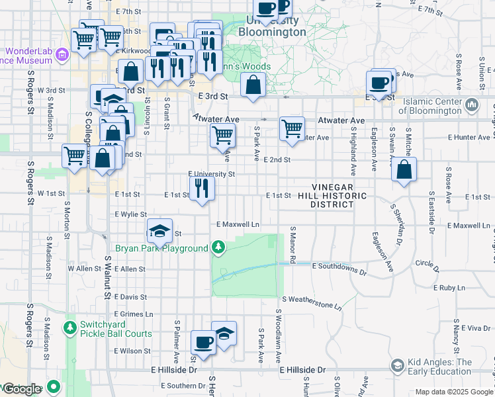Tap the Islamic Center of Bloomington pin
pos(472,105)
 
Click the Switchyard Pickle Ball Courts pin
pos(69,327)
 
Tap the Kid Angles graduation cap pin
pos(397,365)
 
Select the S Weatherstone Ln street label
pos(311,302)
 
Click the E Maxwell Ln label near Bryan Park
pos(237,225)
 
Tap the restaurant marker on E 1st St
pos(202,189)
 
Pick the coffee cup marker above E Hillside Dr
pos(204,343)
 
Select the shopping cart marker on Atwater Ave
pos(291,128)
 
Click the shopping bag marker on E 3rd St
pos(253,85)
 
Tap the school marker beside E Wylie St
pos(159,231)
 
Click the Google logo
pos(21,389)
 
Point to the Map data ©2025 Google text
pos(453,392)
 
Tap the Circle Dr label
pos(427,263)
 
